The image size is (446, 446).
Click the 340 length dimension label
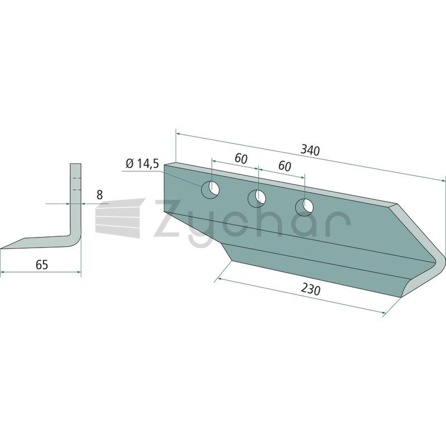tap(311, 150)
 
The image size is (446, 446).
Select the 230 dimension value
tap(311, 289)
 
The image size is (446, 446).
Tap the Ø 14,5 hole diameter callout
tap(142, 164)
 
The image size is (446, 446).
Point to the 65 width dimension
tap(42, 265)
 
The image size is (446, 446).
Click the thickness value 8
tap(100, 195)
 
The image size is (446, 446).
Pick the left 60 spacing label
tap(241, 159)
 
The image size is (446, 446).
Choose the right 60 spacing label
tap(285, 166)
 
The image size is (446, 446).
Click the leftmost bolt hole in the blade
tap(210, 189)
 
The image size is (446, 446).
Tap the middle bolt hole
tap(256, 198)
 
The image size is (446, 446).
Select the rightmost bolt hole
tap(304, 207)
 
